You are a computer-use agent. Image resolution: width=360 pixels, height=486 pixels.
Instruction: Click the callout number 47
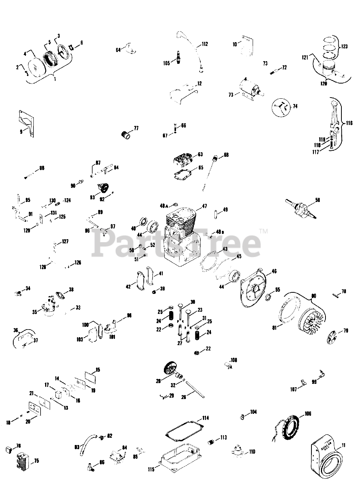(x=204, y=206)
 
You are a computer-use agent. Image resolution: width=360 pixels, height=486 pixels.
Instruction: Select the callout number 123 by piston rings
(x=344, y=47)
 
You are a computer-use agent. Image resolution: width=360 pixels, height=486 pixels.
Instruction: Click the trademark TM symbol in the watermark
(x=263, y=231)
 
